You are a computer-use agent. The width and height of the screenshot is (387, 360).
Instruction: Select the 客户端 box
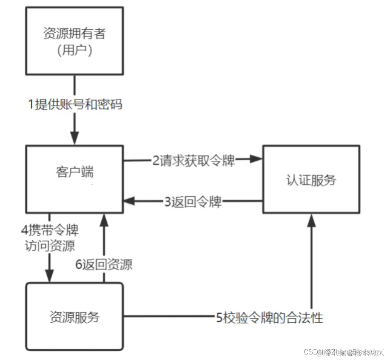74,179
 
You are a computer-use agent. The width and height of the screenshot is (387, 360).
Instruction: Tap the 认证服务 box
311,179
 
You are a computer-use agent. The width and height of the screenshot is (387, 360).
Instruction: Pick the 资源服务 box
74,317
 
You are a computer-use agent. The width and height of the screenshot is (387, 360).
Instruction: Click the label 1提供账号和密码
75,103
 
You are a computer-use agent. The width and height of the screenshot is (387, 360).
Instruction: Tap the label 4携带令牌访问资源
50,238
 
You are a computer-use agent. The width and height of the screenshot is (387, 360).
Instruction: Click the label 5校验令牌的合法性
269,317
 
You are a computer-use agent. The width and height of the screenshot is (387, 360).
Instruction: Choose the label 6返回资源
104,264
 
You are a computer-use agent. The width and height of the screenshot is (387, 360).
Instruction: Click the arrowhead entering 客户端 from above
75,139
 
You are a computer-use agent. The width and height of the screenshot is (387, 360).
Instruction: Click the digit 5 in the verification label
219,317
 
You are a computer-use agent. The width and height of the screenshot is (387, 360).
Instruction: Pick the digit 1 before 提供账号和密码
31,103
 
